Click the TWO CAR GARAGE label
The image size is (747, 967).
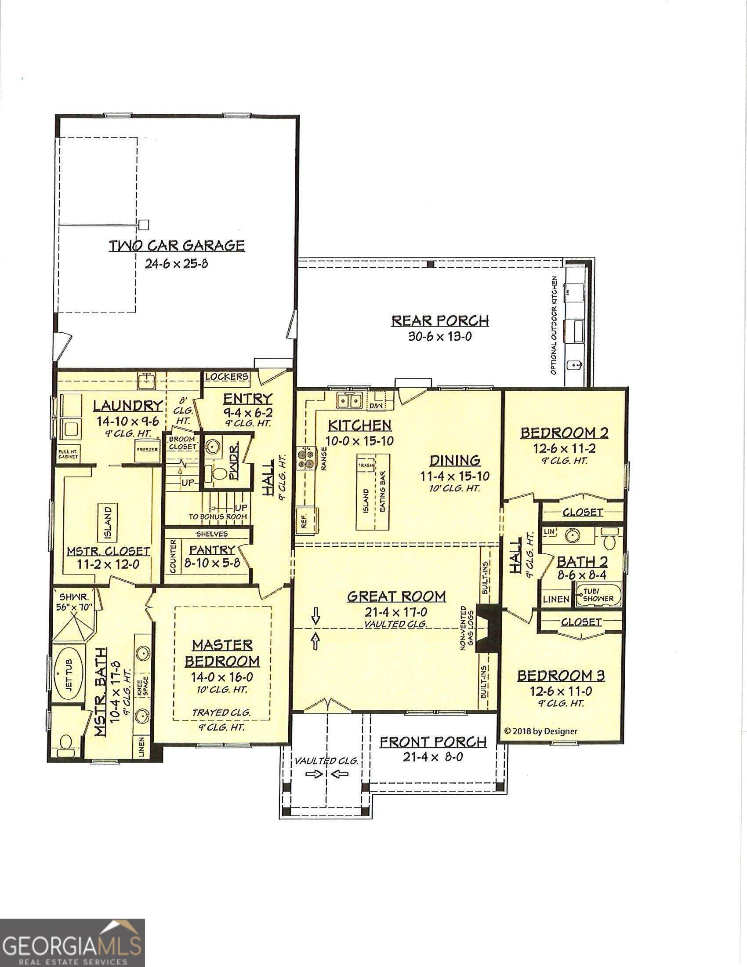[177, 246]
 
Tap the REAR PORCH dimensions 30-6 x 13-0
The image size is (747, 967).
[439, 337]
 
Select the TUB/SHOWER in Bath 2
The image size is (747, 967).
[598, 595]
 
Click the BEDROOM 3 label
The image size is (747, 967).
[561, 676]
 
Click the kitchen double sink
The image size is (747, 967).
[349, 401]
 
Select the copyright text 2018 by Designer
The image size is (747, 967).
[540, 731]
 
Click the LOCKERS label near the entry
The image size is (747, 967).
[227, 377]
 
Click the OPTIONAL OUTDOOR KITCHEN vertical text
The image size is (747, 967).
[554, 325]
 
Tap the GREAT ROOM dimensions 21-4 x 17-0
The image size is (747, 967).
[395, 613]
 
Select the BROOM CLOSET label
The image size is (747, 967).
[182, 443]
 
